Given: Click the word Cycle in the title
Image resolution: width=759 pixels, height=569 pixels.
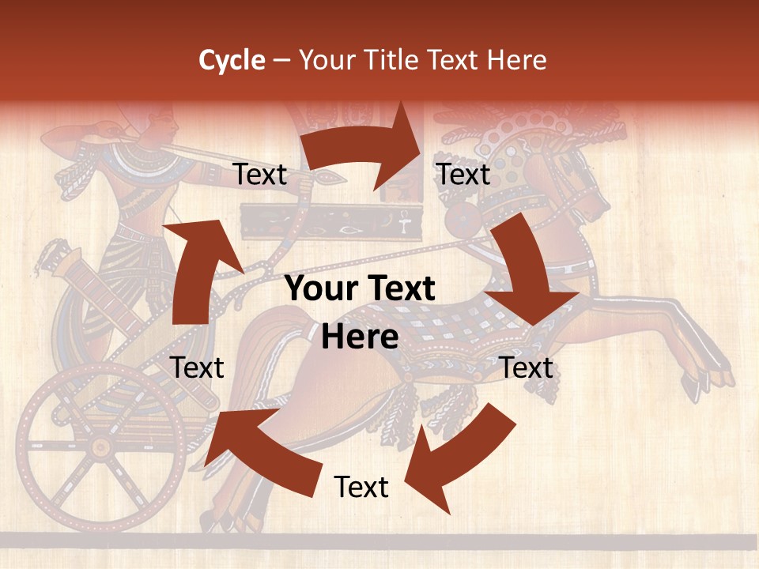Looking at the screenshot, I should [x=232, y=60].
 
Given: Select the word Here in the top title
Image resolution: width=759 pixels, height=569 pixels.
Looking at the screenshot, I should [x=516, y=60].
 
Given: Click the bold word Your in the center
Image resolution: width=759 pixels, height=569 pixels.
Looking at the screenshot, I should [x=319, y=289].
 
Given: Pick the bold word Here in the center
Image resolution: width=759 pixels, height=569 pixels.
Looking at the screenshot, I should [x=360, y=337].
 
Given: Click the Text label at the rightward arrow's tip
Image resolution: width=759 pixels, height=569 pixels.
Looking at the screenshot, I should [x=464, y=174].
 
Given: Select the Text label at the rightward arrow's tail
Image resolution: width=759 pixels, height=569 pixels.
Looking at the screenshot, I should [x=259, y=174].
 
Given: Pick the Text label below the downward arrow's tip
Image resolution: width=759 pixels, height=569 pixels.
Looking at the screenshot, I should [x=527, y=367].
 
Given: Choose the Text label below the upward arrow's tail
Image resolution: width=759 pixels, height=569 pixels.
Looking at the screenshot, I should [x=198, y=367].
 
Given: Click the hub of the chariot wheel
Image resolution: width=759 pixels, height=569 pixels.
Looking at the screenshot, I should [x=100, y=447].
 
